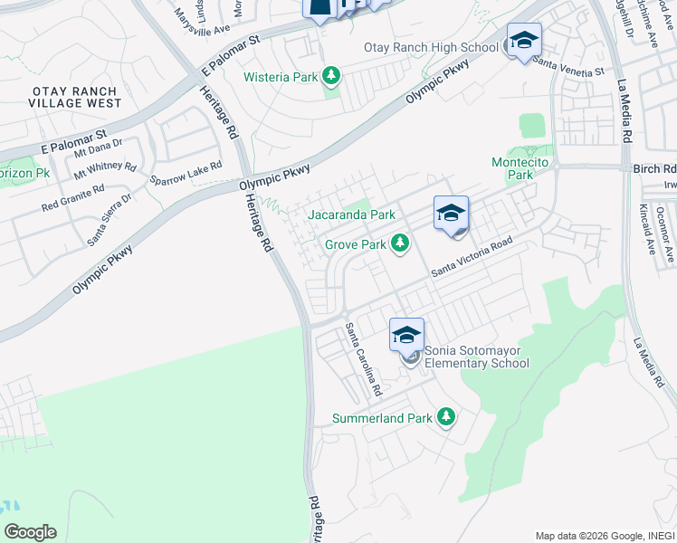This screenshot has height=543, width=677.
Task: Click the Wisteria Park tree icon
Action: click(x=331, y=77)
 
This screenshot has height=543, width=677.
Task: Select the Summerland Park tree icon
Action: click(x=445, y=418)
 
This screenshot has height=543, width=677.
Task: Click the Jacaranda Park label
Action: click(x=351, y=215)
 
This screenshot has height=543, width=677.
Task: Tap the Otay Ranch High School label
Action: click(x=431, y=47)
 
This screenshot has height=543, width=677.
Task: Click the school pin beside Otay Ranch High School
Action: click(x=523, y=40)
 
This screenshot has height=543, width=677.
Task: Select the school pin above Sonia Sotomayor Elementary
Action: click(x=406, y=335)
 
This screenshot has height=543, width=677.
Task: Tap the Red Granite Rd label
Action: click(x=73, y=199)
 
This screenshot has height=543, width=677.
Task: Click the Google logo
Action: click(x=30, y=532)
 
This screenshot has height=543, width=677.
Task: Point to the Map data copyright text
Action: click(x=603, y=536)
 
